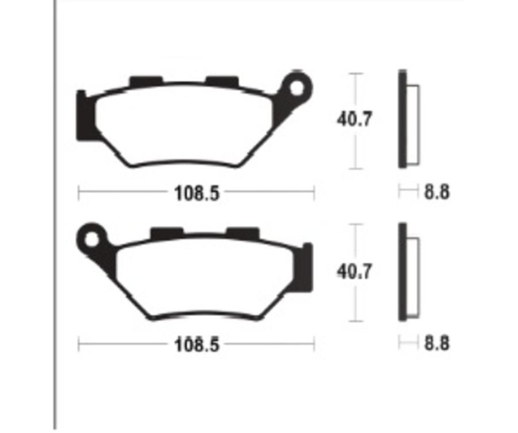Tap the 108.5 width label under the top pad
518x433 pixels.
(x=197, y=193)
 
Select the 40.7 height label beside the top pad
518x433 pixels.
(x=355, y=120)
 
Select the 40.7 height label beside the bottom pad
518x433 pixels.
(x=355, y=271)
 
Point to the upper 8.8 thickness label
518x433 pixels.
(x=437, y=192)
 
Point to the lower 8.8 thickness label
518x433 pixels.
(x=437, y=344)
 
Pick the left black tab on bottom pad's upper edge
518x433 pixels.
(x=166, y=233)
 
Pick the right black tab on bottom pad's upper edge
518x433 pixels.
(x=242, y=233)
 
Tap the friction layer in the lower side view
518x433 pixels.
(x=414, y=274)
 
